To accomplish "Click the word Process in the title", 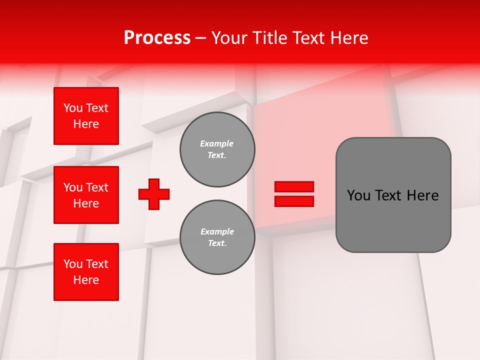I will point(157,38).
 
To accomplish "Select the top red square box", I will point(86,116).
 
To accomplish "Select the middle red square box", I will point(86,195).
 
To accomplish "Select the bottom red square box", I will point(86,272).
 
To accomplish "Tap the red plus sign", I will point(154,194).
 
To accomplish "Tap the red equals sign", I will point(294,194).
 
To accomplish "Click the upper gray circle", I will point(217,149).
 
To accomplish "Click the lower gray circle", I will point(217,237).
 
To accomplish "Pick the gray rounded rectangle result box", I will point(393,195).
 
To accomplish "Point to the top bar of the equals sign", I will point(294,187).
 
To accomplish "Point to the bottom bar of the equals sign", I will point(294,201).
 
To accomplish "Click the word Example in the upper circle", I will point(217,143).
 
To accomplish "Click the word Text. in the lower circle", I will point(217,243).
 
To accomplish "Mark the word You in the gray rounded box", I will point(358,195).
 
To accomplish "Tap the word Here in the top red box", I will point(86,124).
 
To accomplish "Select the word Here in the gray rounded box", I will point(422,195).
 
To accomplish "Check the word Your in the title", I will point(229,38).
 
